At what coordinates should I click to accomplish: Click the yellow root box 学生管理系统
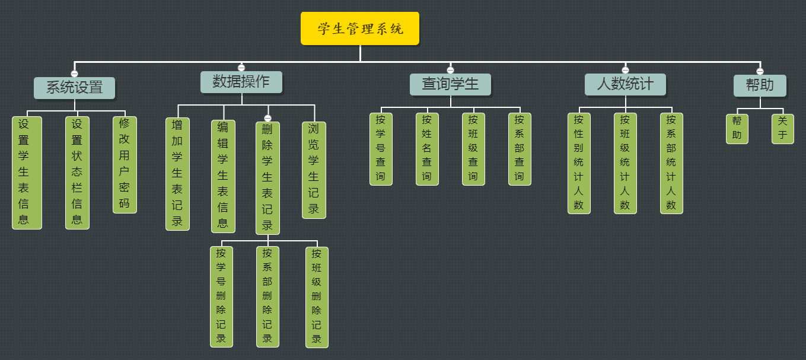[x=360, y=28]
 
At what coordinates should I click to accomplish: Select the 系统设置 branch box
[x=74, y=88]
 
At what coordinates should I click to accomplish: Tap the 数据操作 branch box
[x=241, y=82]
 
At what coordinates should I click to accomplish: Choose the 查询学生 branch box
[x=450, y=84]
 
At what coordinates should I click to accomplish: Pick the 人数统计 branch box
[x=625, y=84]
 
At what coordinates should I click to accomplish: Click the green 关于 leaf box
[x=782, y=129]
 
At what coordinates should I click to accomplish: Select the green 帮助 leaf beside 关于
[x=737, y=129]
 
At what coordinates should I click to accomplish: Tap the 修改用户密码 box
[x=125, y=164]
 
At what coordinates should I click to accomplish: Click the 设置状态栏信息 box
[x=77, y=173]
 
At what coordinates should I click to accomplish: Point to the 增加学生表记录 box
[x=177, y=174]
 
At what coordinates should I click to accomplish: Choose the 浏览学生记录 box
[x=314, y=170]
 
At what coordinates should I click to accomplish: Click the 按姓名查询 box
[x=427, y=149]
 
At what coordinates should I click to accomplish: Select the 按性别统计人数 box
[x=579, y=163]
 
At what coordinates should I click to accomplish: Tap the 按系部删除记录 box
[x=267, y=297]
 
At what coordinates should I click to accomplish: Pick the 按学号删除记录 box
[x=221, y=297]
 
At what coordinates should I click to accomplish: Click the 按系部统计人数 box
[x=671, y=163]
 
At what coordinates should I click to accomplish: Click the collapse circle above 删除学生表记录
[x=267, y=118]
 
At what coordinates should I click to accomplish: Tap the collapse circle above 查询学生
[x=450, y=70]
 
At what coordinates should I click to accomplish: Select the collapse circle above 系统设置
[x=74, y=74]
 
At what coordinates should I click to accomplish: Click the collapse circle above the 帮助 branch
[x=760, y=71]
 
